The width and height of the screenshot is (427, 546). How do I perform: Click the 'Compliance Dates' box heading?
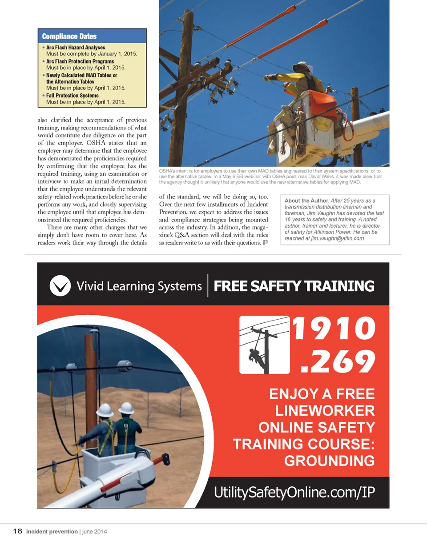tap(69, 36)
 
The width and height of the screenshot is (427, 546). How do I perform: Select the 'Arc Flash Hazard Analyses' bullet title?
tap(76, 48)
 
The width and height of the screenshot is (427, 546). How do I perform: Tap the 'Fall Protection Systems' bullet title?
tap(73, 96)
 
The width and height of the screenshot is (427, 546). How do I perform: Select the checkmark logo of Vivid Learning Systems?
tap(60, 285)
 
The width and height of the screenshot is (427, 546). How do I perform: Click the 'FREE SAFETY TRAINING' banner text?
tap(294, 286)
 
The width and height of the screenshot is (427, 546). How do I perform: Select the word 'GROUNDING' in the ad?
tap(329, 461)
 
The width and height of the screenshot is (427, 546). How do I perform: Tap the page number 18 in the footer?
tap(17, 531)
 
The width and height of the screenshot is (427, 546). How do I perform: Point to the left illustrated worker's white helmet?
tap(105, 410)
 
